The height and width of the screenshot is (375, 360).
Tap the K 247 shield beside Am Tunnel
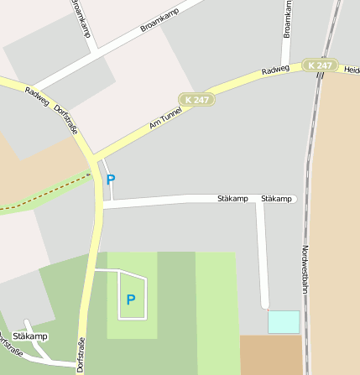(x=197, y=99)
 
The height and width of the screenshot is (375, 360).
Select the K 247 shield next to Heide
(x=320, y=65)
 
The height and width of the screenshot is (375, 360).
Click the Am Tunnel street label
(x=165, y=117)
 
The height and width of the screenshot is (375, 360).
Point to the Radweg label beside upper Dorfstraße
(x=37, y=97)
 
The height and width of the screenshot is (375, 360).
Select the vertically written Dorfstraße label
(x=81, y=354)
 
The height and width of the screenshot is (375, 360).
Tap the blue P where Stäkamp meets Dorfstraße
(x=111, y=179)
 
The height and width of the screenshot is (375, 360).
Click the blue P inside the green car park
(x=130, y=299)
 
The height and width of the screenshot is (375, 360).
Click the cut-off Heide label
(x=352, y=70)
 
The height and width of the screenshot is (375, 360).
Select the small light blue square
(x=283, y=321)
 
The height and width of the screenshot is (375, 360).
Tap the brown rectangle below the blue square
(x=270, y=354)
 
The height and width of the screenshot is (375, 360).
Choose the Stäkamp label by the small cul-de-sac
(x=30, y=336)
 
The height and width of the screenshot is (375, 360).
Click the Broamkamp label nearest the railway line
(x=287, y=19)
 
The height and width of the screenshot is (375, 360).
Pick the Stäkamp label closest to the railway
(x=277, y=199)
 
